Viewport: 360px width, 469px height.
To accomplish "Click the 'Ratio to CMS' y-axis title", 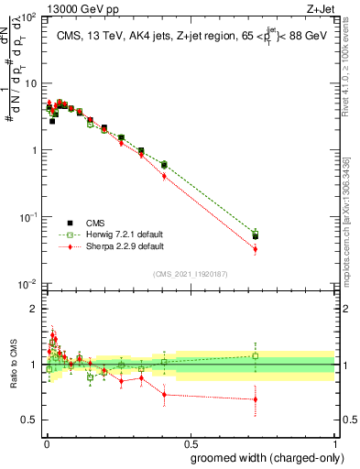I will (x=13, y=364).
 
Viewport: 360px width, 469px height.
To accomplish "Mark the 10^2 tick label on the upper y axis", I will (x=29, y=17).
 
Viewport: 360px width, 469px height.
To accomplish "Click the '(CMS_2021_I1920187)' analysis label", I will (x=190, y=273).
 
